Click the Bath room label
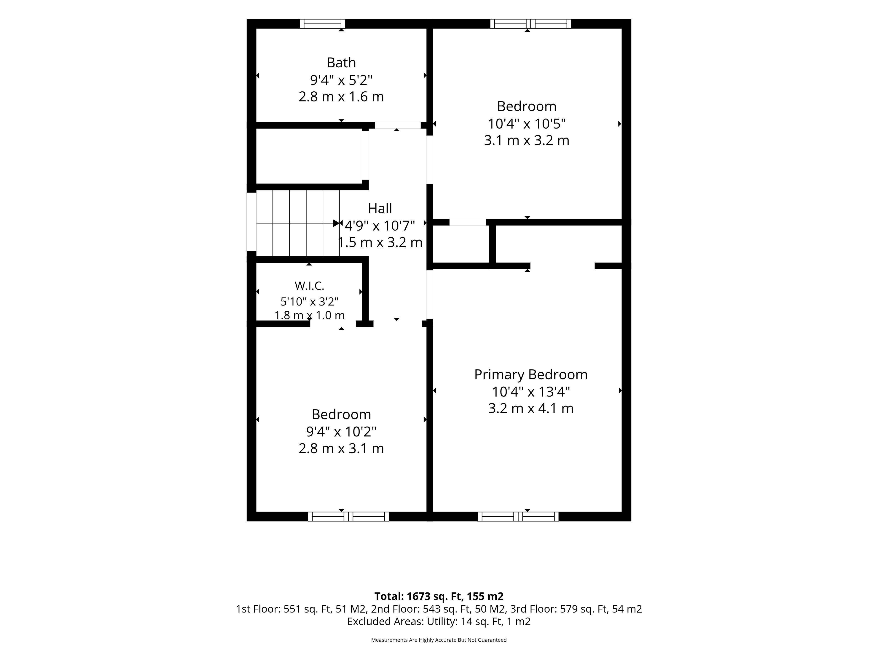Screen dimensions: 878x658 341,63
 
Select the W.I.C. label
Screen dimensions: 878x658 309,286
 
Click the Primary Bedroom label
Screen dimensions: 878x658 531,374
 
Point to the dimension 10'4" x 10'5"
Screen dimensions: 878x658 527,124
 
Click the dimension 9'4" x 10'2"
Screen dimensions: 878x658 341,431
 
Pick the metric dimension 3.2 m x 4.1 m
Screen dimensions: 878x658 531,408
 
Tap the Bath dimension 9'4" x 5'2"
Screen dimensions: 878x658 341,80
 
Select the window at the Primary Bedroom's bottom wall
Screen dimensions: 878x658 518,516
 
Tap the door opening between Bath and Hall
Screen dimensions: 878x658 398,125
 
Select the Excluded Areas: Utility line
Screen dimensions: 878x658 439,621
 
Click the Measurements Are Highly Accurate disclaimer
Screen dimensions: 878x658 439,640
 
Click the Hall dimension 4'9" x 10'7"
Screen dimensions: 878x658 380,226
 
